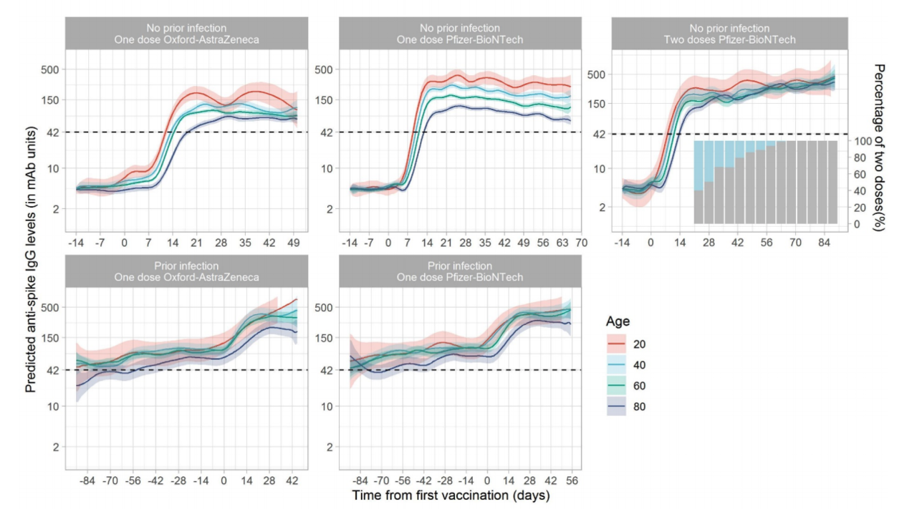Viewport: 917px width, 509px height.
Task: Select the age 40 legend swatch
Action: pyautogui.click(x=618, y=365)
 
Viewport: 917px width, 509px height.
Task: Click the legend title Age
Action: pyautogui.click(x=618, y=321)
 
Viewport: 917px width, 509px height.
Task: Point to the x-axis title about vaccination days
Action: pyautogui.click(x=451, y=495)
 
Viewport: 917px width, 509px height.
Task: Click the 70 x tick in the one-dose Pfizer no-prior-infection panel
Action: pyautogui.click(x=581, y=243)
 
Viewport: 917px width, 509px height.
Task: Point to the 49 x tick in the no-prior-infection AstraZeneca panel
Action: pyautogui.click(x=294, y=243)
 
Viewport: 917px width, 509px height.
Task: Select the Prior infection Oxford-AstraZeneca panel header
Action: pyautogui.click(x=186, y=271)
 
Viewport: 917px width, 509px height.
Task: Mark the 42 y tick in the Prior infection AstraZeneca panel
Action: pyautogui.click(x=52, y=369)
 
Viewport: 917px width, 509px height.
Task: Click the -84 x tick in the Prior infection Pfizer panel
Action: pyautogui.click(x=361, y=482)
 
